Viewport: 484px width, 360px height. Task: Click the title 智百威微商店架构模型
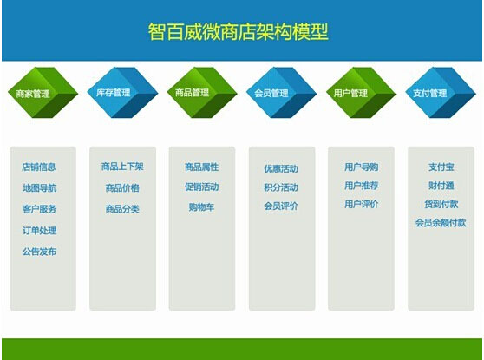point(238,31)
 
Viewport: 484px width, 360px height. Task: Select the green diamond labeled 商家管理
point(43,93)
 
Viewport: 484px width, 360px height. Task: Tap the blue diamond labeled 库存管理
point(122,93)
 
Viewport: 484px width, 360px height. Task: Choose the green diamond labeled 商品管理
point(202,93)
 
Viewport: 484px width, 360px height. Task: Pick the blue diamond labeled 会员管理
point(282,93)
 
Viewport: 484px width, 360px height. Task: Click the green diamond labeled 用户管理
point(361,93)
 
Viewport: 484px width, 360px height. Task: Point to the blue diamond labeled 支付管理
point(441,93)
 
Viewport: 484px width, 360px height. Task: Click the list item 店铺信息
point(39,167)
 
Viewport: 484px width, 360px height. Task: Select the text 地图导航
point(39,187)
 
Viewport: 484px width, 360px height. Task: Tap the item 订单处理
point(39,231)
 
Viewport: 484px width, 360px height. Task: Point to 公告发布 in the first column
point(39,252)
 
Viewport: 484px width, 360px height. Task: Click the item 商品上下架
point(122,167)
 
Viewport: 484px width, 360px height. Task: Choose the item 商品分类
point(122,209)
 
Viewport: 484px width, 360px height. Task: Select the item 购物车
point(201,206)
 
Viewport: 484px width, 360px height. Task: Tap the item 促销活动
point(201,187)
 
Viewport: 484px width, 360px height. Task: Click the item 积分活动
point(281,187)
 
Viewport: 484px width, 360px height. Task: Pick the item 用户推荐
point(361,186)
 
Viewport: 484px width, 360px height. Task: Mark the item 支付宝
point(441,167)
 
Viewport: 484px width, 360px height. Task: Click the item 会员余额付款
point(441,223)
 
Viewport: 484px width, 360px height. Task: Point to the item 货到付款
point(441,204)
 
